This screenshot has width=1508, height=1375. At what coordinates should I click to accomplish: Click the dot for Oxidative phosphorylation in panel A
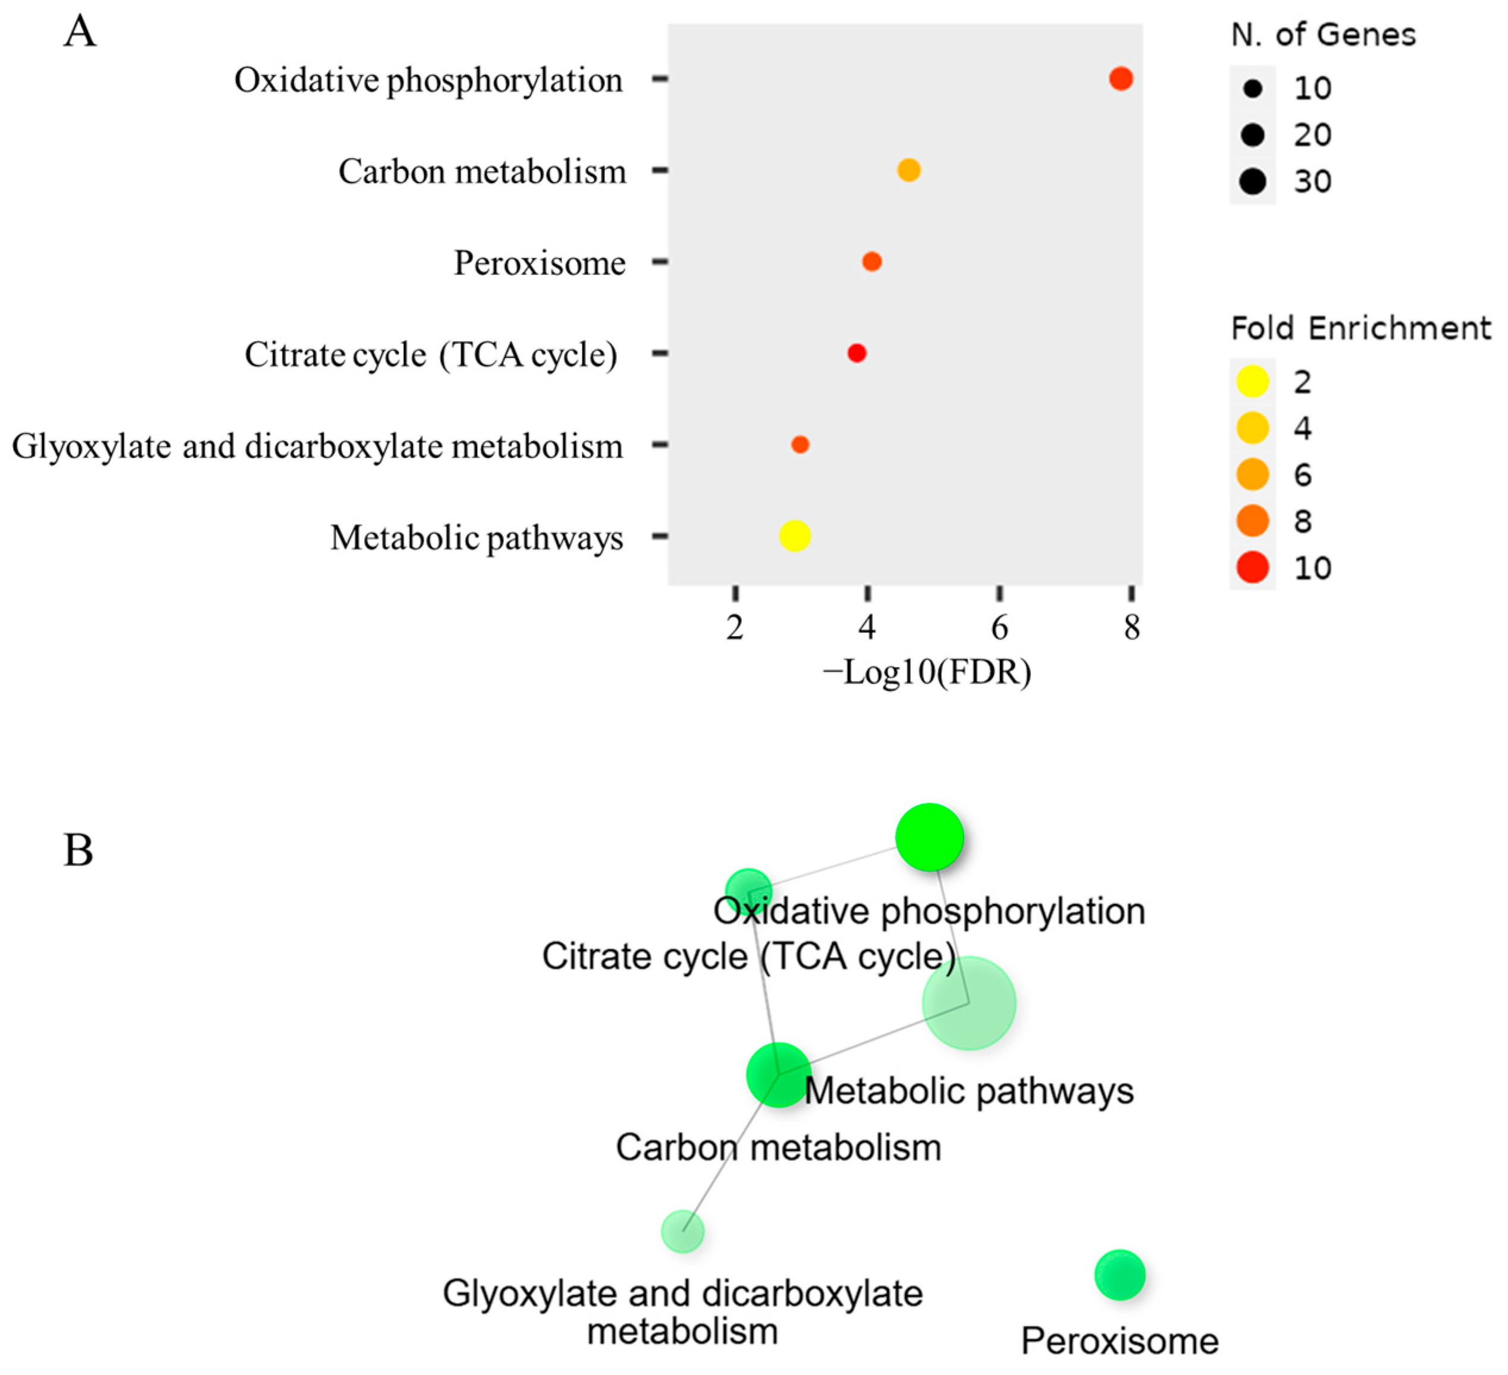[x=1121, y=78]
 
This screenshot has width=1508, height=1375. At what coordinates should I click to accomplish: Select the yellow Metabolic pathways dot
[x=794, y=536]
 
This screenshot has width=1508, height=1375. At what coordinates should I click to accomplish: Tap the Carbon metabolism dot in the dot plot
[x=908, y=171]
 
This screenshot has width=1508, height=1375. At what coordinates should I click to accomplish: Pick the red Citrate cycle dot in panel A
[x=857, y=353]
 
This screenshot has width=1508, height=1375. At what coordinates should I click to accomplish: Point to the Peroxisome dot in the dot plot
[x=871, y=262]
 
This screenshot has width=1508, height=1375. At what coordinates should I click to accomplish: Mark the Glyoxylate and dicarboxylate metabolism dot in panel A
[x=800, y=445]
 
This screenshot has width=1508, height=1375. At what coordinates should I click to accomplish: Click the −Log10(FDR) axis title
[x=927, y=673]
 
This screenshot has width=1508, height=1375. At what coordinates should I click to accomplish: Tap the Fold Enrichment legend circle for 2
[x=1253, y=382]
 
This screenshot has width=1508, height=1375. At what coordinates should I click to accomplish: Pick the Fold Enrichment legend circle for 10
[x=1253, y=568]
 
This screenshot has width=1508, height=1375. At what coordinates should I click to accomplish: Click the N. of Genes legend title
[x=1323, y=35]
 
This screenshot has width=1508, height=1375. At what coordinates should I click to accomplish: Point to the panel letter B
[x=79, y=851]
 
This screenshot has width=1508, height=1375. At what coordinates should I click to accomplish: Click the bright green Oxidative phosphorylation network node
[x=929, y=838]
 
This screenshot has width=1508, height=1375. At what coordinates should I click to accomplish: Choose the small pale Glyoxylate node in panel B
[x=683, y=1232]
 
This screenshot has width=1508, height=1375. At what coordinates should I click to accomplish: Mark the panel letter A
[x=80, y=32]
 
